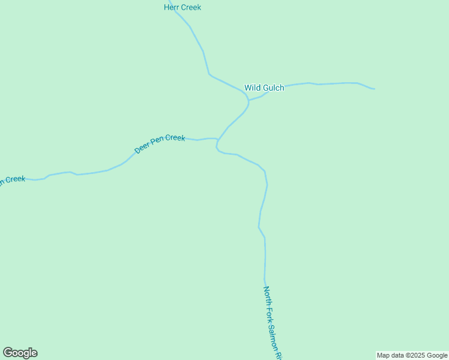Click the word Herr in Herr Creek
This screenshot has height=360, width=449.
click(172, 8)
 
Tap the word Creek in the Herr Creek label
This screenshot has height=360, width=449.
click(191, 8)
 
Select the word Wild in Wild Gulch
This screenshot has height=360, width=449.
click(253, 88)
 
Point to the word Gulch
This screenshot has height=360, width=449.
click(273, 88)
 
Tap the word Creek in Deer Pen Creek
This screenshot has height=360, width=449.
click(175, 138)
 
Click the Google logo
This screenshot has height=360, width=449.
click(20, 353)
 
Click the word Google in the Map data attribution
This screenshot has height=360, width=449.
click(438, 356)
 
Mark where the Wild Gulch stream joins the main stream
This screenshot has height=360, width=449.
click(249, 100)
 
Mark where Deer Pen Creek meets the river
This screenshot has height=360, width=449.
click(217, 142)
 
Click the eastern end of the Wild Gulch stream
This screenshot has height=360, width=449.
click(374, 89)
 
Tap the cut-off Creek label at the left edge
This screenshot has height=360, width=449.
click(13, 180)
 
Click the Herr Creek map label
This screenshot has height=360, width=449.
click(182, 8)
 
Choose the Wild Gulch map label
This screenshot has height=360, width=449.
click(264, 88)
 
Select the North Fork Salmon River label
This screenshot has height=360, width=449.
click(272, 322)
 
